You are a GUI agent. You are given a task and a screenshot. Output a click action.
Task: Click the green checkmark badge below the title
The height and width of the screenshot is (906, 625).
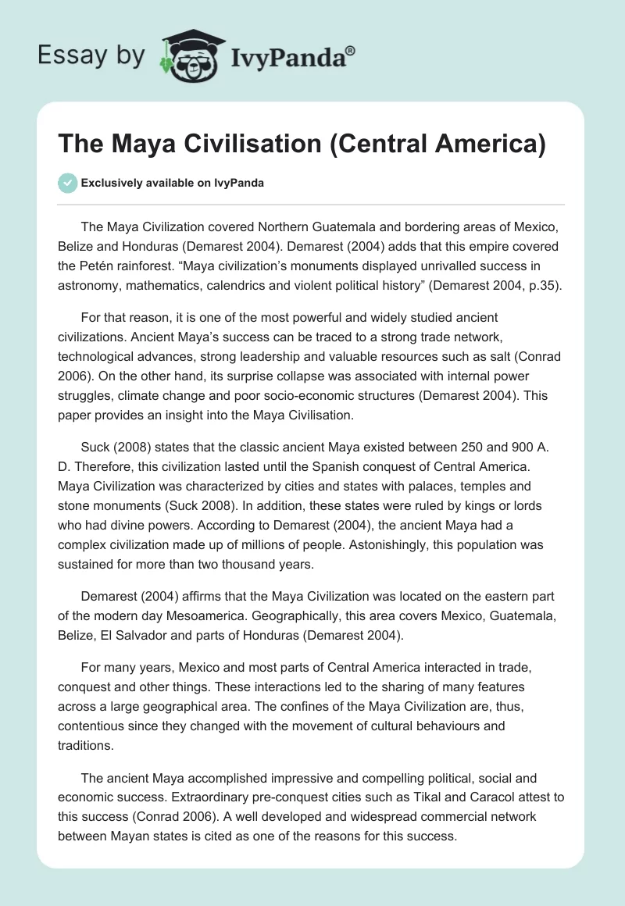coord(67,183)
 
